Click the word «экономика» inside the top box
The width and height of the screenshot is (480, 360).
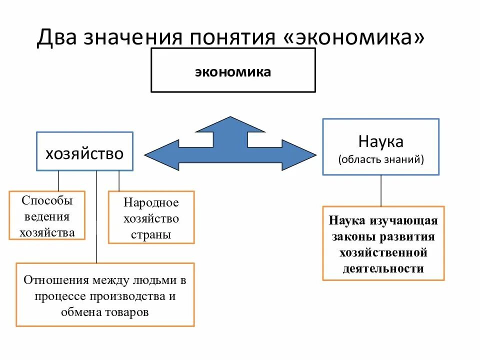(233, 71)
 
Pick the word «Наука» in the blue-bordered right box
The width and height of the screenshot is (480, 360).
(381, 141)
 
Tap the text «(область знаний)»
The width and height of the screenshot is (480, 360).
(381, 159)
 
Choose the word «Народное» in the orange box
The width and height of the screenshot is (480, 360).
(151, 202)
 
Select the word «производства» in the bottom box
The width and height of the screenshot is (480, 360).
(134, 296)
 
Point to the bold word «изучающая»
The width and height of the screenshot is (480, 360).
(404, 220)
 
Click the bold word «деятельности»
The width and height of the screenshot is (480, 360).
(383, 268)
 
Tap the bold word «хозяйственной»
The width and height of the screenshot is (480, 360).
(383, 252)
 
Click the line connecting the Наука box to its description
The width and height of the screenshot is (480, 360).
(381, 190)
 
